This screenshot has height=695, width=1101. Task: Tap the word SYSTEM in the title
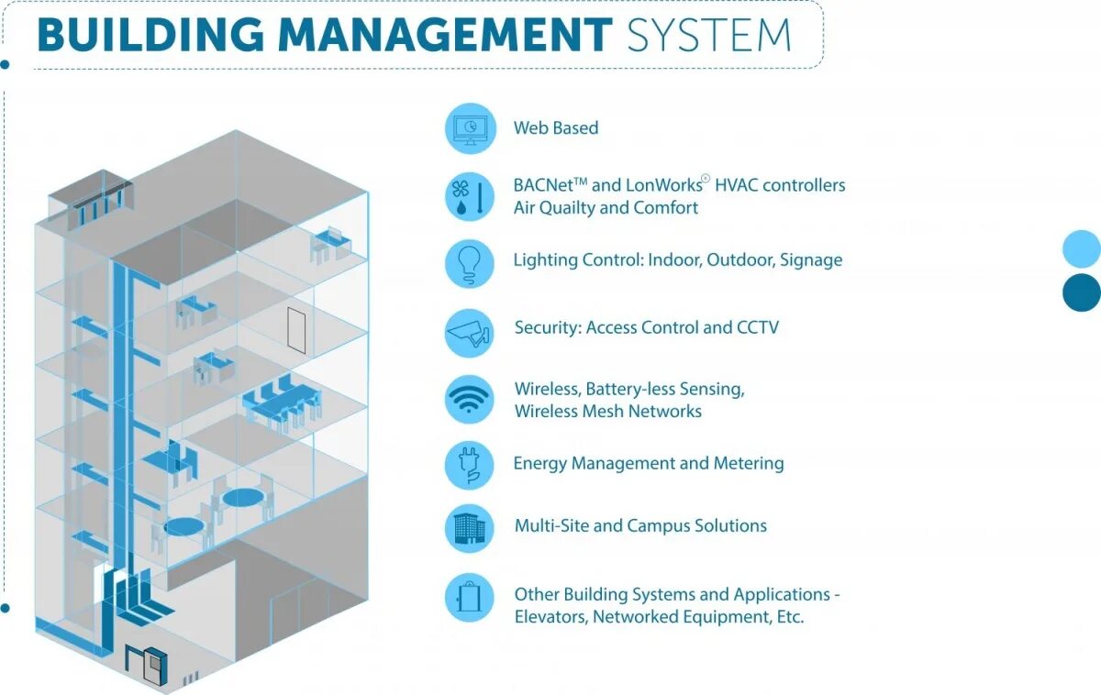708,34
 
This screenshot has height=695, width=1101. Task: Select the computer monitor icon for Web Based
470,128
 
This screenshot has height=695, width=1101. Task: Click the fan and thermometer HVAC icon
470,196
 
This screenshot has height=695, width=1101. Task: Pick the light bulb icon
470,263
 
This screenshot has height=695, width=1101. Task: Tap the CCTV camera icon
470,332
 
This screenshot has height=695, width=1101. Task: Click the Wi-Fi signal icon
470,400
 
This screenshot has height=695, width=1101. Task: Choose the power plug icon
470,466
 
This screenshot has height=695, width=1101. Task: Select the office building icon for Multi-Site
470,528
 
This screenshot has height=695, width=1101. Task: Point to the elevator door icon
470,598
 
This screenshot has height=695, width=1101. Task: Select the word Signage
811,260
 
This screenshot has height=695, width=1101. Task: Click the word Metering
748,463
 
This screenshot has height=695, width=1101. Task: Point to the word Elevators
550,617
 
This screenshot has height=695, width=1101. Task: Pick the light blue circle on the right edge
1082,248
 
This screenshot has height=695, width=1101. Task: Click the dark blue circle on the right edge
1082,292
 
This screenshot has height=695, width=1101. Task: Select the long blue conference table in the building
279,402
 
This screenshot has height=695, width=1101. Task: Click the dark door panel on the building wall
295,330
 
